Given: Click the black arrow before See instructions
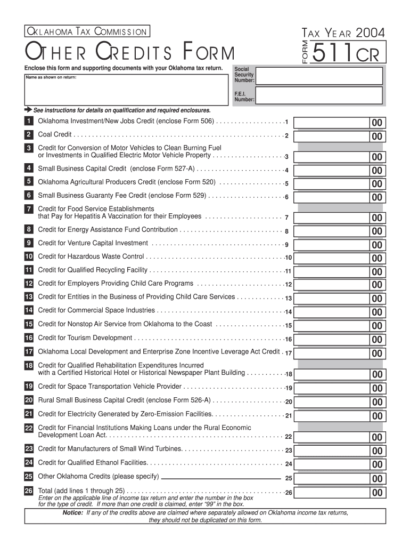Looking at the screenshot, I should (x=28, y=110).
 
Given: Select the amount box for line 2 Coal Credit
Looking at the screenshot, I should (x=338, y=136).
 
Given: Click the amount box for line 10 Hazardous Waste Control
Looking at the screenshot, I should (x=338, y=258).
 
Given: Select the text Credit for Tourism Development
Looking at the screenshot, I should (x=85, y=338).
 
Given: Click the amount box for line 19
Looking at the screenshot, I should (x=338, y=388).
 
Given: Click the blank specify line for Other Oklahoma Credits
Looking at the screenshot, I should (x=220, y=477).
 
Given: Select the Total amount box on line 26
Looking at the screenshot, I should (x=338, y=492).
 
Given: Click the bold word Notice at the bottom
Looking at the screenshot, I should (x=72, y=513).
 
